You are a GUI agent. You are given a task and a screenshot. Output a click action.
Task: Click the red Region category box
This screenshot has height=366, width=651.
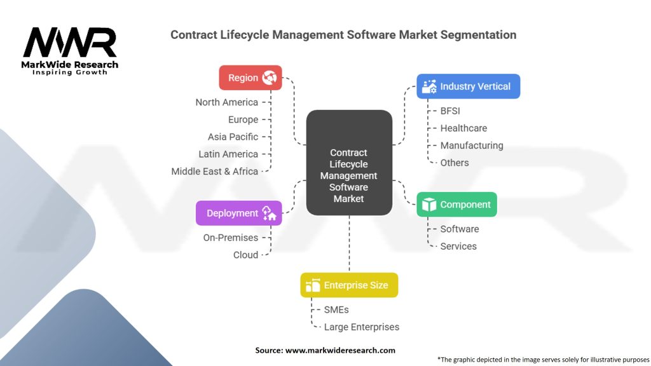250,78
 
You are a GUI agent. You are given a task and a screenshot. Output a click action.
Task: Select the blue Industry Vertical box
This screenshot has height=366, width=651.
468,86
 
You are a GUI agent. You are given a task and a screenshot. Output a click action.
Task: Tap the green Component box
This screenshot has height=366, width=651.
456,205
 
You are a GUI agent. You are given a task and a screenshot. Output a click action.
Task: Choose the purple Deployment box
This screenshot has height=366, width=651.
238,213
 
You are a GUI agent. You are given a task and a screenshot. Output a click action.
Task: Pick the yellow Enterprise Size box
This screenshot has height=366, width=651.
349,285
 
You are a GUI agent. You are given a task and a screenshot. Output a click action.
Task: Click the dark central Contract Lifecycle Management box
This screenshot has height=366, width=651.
349,162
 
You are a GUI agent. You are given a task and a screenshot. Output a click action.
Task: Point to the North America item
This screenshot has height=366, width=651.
227,102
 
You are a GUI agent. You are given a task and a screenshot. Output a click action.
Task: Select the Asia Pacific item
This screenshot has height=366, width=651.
233,137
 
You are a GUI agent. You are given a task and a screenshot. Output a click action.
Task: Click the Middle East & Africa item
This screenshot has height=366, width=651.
215,171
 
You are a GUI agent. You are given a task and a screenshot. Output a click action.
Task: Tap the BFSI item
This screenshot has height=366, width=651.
450,111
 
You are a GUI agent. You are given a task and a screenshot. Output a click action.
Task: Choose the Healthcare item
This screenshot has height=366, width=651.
463,128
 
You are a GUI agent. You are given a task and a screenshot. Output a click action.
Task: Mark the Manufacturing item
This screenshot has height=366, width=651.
472,146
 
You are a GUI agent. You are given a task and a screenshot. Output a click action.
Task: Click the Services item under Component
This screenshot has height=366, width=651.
458,246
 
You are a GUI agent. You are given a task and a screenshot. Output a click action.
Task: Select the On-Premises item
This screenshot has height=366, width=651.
231,238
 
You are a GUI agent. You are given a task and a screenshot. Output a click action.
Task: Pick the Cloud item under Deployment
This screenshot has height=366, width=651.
246,255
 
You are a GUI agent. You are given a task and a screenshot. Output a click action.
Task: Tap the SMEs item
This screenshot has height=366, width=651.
336,309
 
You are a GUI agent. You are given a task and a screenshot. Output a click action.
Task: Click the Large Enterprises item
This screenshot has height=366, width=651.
362,327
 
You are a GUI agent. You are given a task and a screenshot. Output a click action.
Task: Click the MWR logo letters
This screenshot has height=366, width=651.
70,43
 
